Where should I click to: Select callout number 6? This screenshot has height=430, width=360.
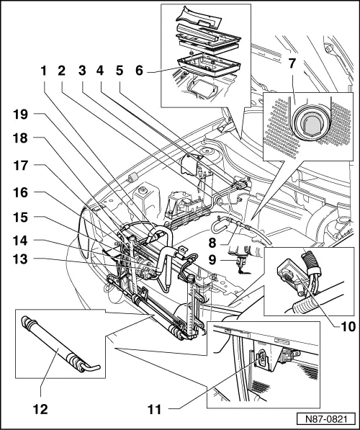(140, 72)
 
